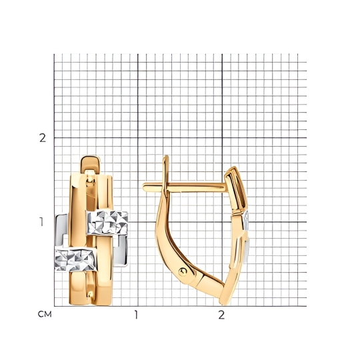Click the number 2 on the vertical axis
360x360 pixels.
43,138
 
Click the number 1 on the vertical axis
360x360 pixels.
41,222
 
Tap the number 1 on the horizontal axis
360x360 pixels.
137,315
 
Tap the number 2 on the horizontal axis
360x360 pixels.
221,315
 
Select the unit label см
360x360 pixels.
45,314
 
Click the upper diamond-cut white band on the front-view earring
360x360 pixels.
107,223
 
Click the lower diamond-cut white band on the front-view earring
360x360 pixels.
75,259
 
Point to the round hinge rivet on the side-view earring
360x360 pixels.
183,271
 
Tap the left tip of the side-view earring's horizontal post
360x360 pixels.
144,187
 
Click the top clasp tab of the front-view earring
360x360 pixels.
91,164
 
